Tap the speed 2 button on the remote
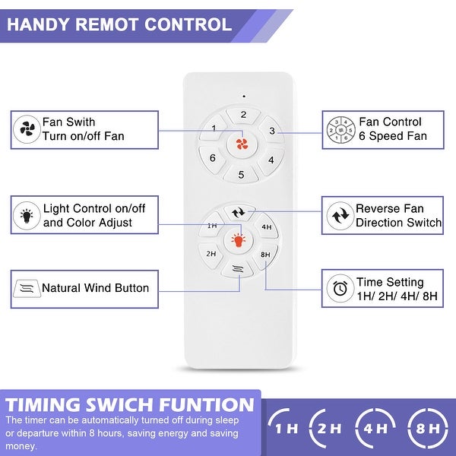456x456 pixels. (x=244, y=116)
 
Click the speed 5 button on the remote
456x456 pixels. (x=242, y=175)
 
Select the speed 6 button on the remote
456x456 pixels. (x=213, y=158)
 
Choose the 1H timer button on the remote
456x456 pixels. (x=213, y=226)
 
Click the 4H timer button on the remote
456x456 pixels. (x=267, y=226)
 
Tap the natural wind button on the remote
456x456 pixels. (x=237, y=268)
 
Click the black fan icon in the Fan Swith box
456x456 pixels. (x=27, y=129)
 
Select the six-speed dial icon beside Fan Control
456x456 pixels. (x=339, y=129)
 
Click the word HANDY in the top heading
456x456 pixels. (x=39, y=24)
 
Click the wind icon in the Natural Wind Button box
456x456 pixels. (x=26, y=288)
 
